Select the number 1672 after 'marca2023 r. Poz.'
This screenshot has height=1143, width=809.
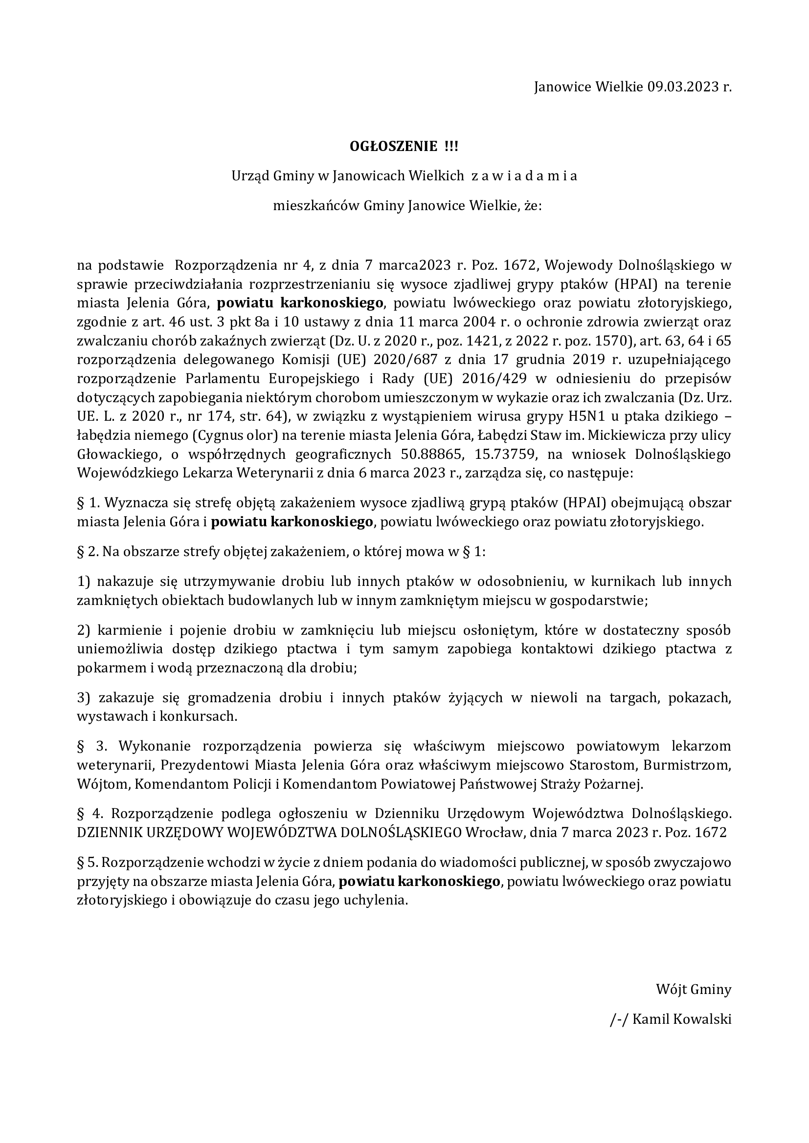click(x=518, y=265)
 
